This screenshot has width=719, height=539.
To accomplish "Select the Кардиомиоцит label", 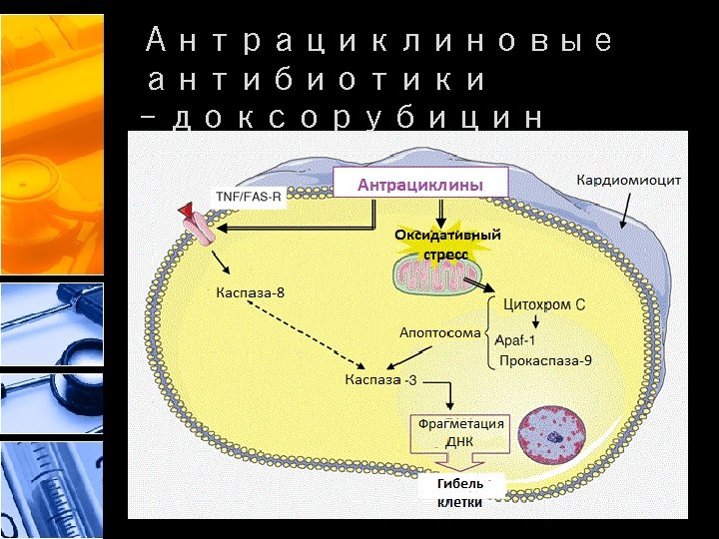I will click(x=628, y=180).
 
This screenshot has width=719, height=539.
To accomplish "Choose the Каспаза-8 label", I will click(x=251, y=293).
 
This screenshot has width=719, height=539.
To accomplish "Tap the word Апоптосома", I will click(x=439, y=332).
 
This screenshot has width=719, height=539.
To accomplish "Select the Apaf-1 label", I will click(x=515, y=339).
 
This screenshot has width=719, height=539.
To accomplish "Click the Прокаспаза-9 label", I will click(x=545, y=360).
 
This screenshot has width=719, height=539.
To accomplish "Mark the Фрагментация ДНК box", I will click(x=460, y=431).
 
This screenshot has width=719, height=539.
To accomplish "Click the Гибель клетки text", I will click(x=460, y=492).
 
